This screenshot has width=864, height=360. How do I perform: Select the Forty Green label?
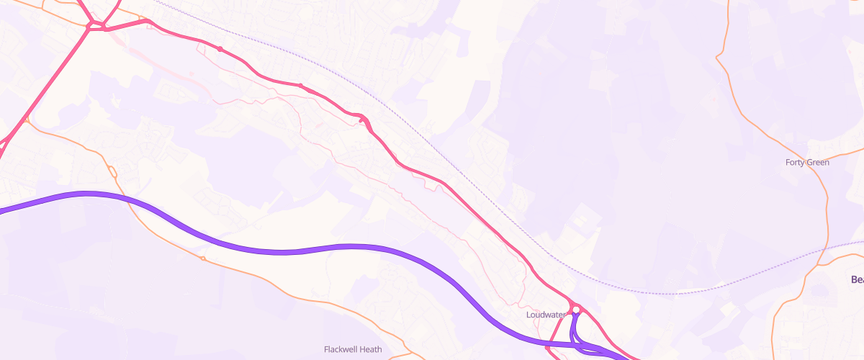[x=807, y=163]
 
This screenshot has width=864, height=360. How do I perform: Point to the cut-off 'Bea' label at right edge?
[x=856, y=279]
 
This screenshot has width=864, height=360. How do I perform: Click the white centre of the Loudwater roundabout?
[x=576, y=310]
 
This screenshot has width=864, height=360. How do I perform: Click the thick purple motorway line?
[x=288, y=251]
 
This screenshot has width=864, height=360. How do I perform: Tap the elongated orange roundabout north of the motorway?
[x=112, y=171]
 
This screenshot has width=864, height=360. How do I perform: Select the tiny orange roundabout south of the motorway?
[x=203, y=258]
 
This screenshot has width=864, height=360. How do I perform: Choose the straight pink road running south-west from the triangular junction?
[x=50, y=87]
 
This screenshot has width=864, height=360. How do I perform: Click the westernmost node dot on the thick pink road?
[x=220, y=49]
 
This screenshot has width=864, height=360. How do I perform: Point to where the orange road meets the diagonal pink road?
[x=24, y=121]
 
